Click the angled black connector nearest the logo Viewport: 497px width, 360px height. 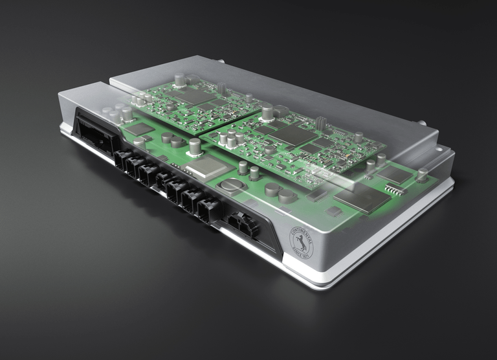[240, 223]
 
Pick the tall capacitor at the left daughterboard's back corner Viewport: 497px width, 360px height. [180, 80]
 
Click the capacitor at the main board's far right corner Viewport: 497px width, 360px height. [423, 174]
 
